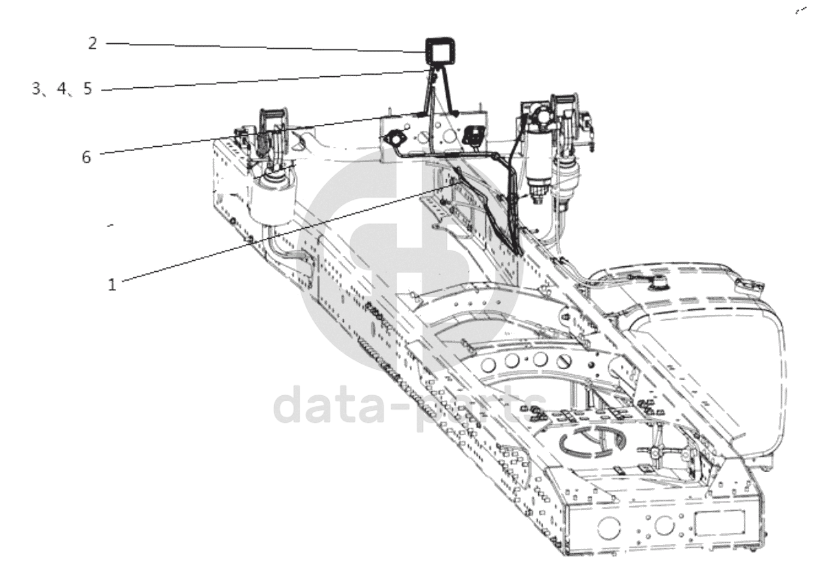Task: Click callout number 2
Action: coord(93,43)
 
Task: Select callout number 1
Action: coord(112,284)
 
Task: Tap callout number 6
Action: coord(86,157)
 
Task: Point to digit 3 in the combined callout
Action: coord(36,89)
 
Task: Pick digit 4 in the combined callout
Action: coord(62,89)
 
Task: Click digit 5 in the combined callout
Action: coord(86,89)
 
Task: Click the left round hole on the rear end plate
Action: coord(608,526)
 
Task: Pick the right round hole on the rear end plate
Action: coord(663,525)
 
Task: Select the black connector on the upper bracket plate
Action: coord(472,135)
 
